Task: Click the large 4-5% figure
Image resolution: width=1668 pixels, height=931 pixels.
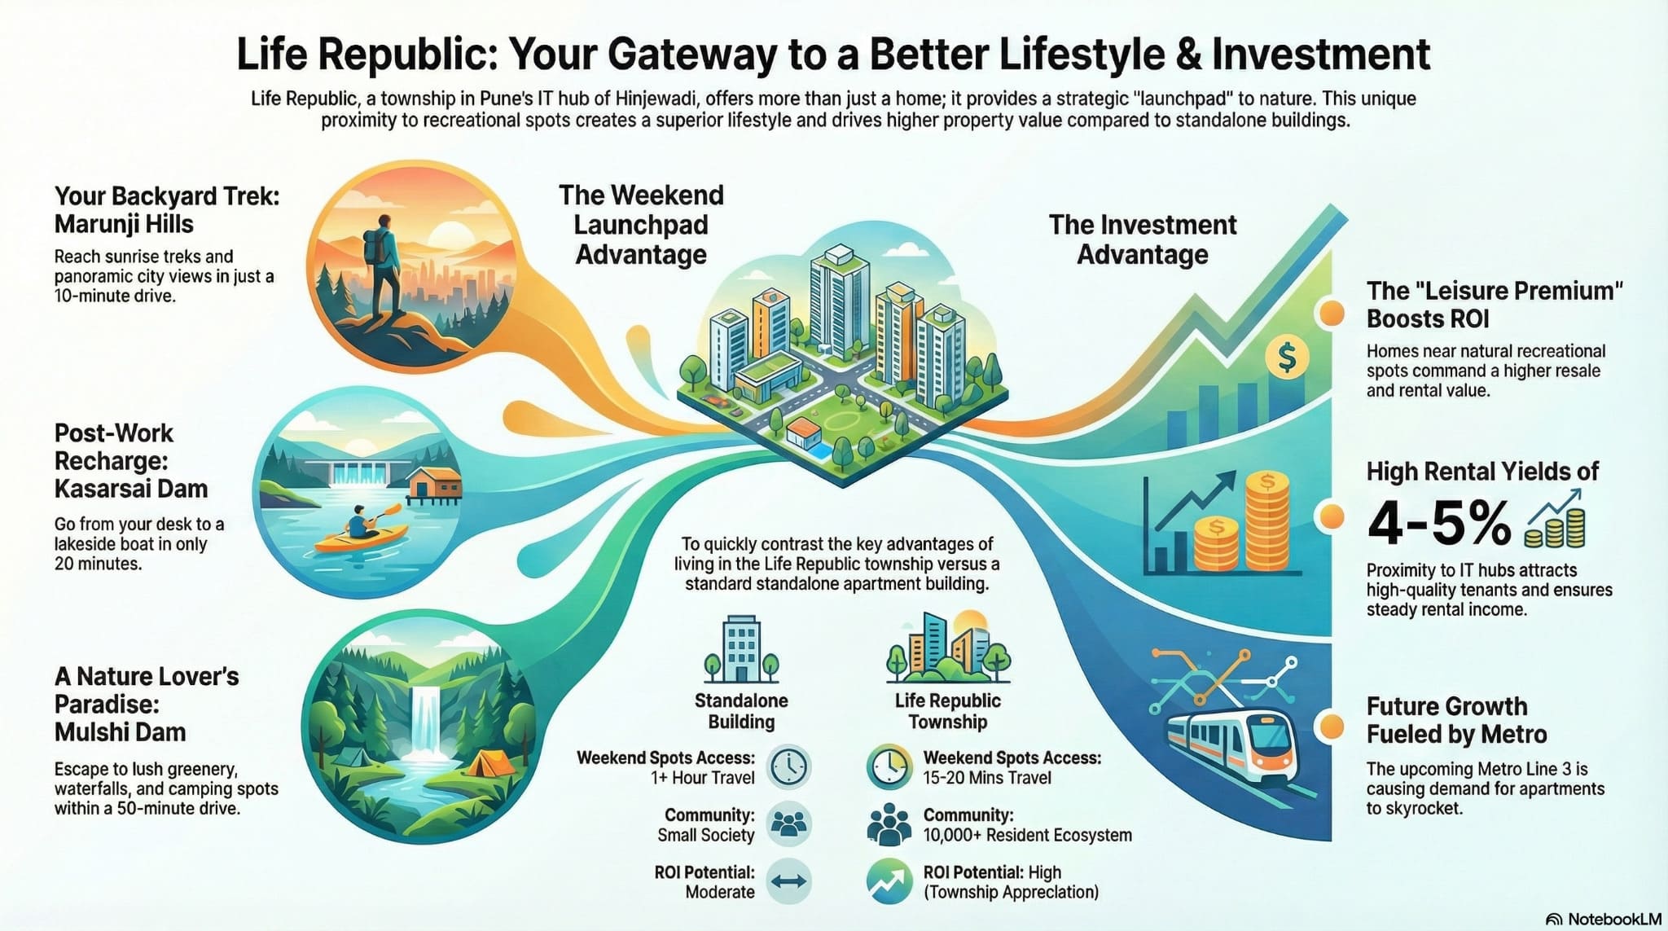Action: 1438,523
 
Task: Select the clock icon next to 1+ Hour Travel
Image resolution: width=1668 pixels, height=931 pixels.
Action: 788,767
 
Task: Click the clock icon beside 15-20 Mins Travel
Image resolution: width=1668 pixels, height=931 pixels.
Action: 889,767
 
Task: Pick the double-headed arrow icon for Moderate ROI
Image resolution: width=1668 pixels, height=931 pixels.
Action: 788,881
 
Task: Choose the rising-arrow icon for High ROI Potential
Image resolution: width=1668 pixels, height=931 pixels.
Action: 889,881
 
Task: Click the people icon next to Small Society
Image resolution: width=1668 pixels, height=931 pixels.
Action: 788,824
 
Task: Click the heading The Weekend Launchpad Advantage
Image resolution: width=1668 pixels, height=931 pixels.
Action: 641,225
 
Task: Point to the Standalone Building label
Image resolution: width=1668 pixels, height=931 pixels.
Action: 741,711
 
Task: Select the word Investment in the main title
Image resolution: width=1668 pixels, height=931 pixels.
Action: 1321,55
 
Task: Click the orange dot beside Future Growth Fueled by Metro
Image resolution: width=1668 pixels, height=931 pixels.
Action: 1331,725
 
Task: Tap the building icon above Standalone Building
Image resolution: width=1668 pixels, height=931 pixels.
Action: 741,648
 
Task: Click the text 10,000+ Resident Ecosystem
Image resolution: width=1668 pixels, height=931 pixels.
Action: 1027,835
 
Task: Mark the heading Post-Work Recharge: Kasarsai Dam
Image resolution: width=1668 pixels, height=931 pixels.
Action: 131,461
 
